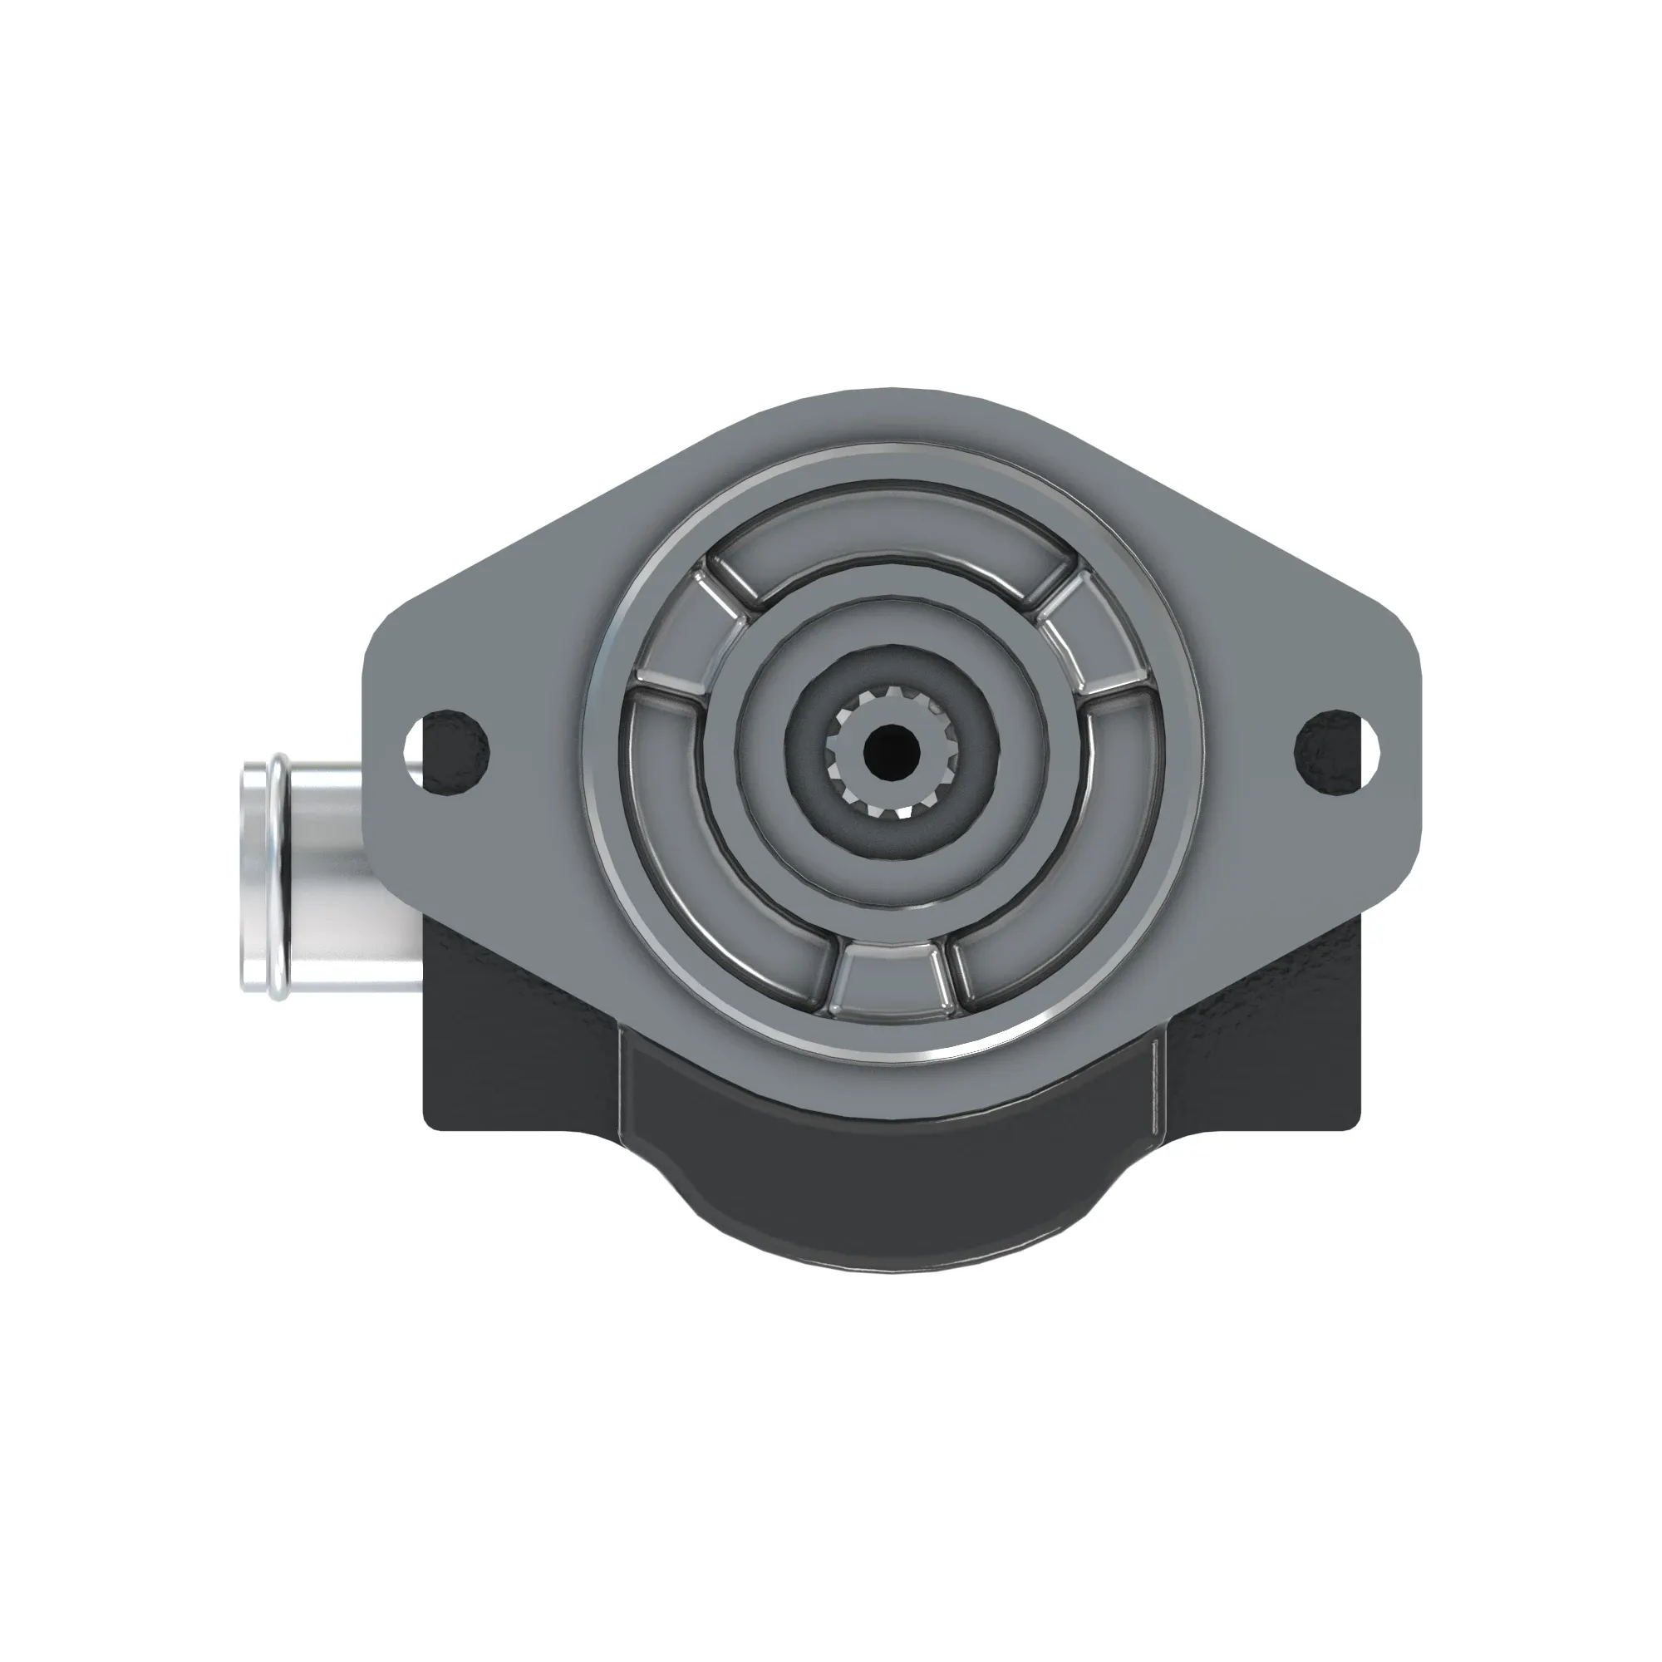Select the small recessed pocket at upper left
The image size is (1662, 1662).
pos(680,632)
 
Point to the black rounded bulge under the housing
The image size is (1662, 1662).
pos(891,1204)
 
